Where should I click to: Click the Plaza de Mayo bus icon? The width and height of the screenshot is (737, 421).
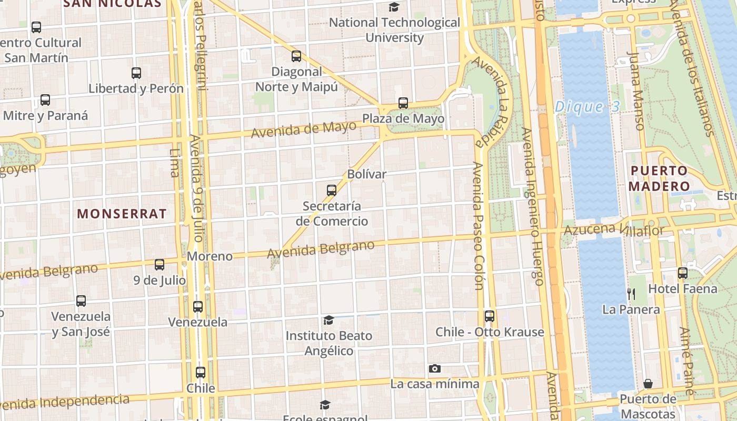[x=403, y=103]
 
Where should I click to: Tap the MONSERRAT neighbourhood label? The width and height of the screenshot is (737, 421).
[x=122, y=214]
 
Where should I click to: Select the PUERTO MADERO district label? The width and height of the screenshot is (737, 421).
[x=659, y=178]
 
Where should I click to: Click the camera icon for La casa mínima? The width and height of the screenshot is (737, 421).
[x=434, y=368]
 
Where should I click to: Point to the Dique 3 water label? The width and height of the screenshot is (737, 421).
[x=587, y=107]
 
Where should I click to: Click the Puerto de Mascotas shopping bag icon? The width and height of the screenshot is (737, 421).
[x=648, y=384]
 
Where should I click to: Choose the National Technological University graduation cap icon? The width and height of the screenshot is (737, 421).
[x=394, y=7]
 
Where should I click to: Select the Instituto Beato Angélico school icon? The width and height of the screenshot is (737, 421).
[x=329, y=320]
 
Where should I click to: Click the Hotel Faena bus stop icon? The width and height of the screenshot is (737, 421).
[x=683, y=273]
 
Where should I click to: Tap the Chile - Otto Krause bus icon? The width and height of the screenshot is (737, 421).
[x=490, y=316]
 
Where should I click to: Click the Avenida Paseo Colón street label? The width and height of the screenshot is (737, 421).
[x=478, y=226]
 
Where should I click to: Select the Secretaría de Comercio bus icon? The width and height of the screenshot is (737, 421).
[x=332, y=190]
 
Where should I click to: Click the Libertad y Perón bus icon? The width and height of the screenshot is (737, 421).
[x=136, y=73]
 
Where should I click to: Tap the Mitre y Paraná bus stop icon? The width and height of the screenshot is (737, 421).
[x=45, y=100]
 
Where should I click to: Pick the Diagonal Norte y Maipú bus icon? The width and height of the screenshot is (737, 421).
[x=296, y=56]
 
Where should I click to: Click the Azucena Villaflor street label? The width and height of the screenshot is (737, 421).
[x=614, y=229]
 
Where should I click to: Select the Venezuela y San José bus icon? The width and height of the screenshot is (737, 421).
[x=81, y=301]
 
